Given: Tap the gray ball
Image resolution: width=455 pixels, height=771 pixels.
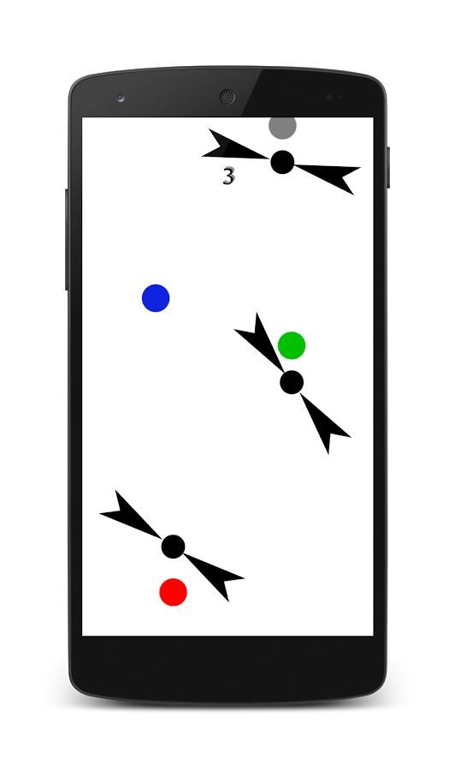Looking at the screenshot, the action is pyautogui.click(x=282, y=128).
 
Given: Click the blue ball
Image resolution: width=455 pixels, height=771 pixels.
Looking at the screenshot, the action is pyautogui.click(x=156, y=298).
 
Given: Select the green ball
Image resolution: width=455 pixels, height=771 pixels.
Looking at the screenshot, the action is pyautogui.click(x=292, y=345).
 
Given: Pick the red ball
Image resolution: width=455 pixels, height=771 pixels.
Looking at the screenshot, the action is pyautogui.click(x=174, y=592).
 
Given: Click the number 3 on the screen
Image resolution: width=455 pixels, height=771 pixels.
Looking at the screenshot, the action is pyautogui.click(x=228, y=176).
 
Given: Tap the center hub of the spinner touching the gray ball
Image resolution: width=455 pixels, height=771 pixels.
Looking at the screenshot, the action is pyautogui.click(x=282, y=162).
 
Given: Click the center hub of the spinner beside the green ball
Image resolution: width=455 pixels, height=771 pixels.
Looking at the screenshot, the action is pyautogui.click(x=292, y=382).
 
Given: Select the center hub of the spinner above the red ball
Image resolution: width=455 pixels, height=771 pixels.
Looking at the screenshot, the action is pyautogui.click(x=174, y=547).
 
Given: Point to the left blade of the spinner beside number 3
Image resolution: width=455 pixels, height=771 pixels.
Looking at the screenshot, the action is pyautogui.click(x=235, y=148).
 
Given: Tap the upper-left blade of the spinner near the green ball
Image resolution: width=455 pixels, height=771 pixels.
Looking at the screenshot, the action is pyautogui.click(x=258, y=342).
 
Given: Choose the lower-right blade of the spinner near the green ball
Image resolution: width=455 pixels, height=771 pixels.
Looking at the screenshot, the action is pyautogui.click(x=324, y=421).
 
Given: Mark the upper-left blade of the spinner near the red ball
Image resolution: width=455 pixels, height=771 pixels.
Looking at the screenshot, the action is pyautogui.click(x=131, y=516).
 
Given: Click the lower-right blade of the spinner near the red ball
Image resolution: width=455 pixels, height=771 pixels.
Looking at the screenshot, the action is pyautogui.click(x=215, y=577).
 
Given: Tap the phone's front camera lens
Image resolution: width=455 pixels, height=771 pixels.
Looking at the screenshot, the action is pyautogui.click(x=121, y=98).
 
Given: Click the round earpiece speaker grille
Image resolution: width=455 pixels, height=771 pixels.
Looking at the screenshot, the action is pyautogui.click(x=227, y=97).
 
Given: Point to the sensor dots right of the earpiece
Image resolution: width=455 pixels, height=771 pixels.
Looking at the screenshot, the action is pyautogui.click(x=334, y=97).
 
